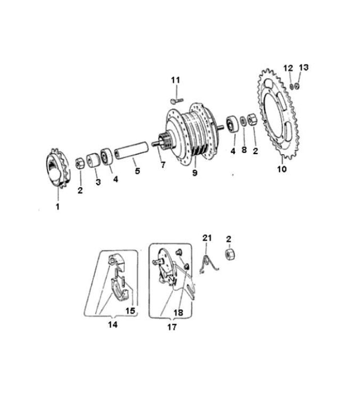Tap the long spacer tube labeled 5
tap(131, 151)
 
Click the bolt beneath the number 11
tap(177, 101)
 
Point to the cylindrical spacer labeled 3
tap(93, 160)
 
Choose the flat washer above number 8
tap(244, 121)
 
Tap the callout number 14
tap(112, 325)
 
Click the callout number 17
tap(172, 327)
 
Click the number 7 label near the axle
tap(163, 165)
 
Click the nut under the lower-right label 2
tap(230, 255)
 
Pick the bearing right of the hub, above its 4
tap(232, 124)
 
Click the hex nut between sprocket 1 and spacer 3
tap(80, 163)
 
